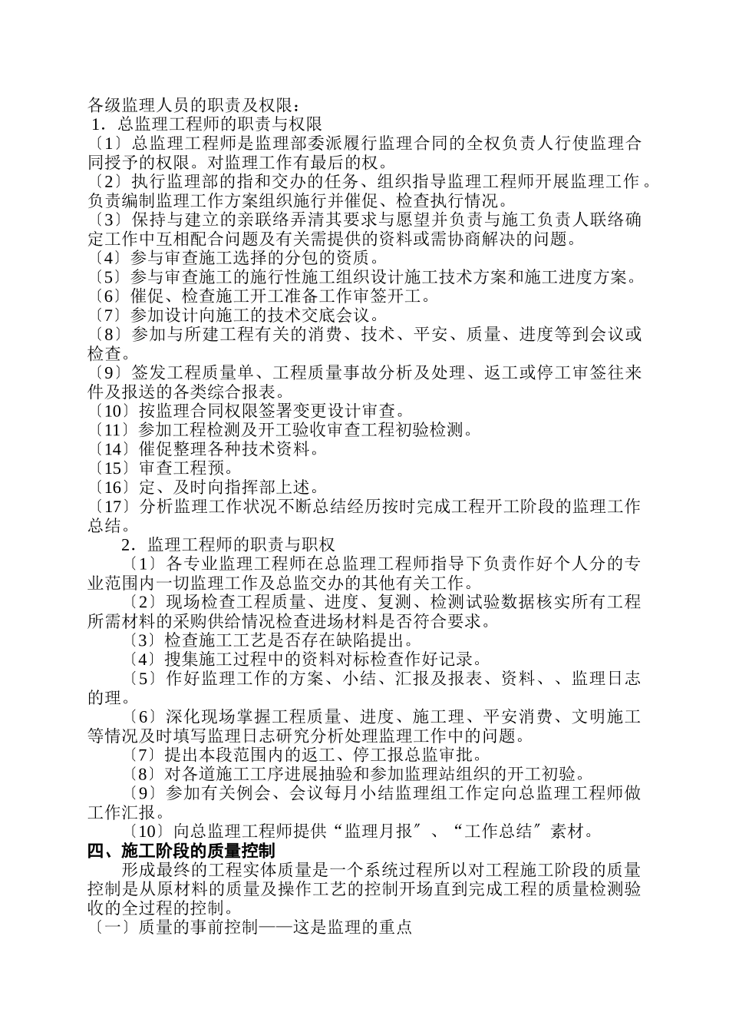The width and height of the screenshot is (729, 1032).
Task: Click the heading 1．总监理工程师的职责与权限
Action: coord(206,123)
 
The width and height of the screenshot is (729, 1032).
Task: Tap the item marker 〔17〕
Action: coord(111,507)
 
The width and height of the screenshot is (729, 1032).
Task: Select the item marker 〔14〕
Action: coord(111,449)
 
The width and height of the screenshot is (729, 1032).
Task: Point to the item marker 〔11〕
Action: coord(111,430)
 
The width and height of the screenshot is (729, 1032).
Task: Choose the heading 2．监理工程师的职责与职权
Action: coord(229,545)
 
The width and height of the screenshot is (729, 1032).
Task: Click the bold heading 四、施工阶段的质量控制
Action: coord(182,851)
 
